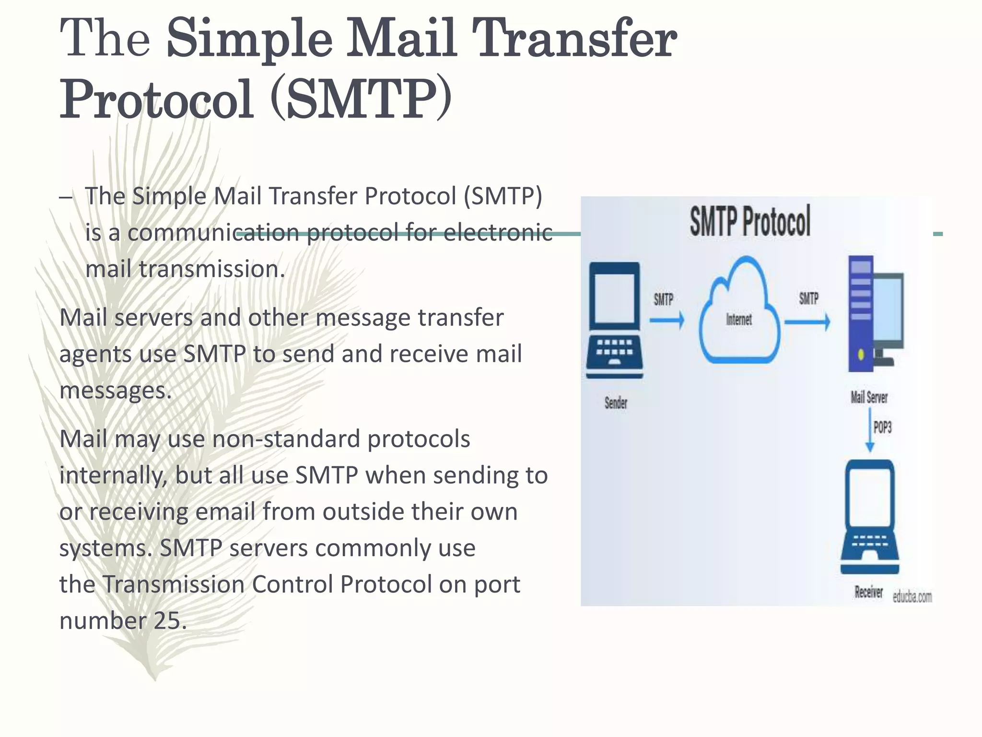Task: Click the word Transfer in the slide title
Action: (574, 38)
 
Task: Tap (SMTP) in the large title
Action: (361, 100)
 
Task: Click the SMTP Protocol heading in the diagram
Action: (750, 221)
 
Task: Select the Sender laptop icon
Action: (614, 321)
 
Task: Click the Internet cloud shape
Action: (739, 312)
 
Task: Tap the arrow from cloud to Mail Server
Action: (807, 321)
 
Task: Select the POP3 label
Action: (882, 427)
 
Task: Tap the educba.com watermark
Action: (912, 597)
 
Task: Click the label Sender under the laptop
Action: (616, 403)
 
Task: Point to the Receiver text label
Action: (868, 592)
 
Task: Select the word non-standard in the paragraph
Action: (285, 439)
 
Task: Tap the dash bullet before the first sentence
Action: (66, 197)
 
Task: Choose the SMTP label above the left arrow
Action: (664, 300)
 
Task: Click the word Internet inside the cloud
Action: (739, 320)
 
